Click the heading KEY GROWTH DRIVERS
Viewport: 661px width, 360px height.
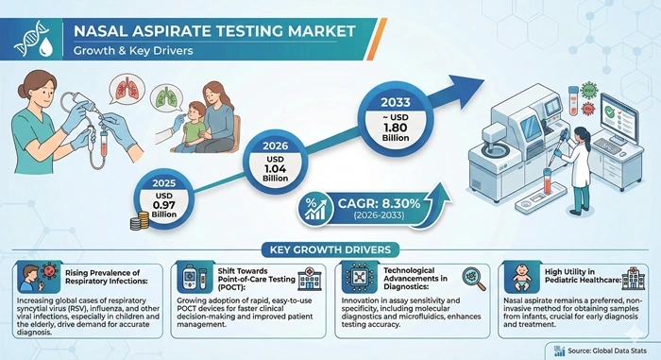click(331, 250)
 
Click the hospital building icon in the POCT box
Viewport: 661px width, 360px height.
click(306, 280)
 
